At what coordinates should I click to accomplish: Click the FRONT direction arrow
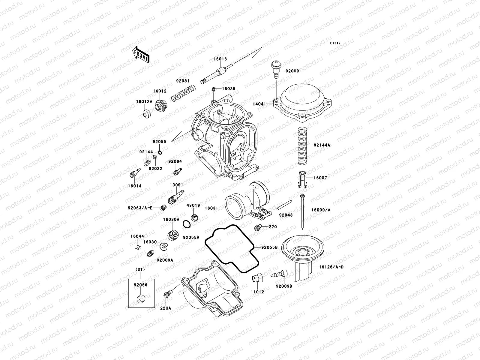click(141, 54)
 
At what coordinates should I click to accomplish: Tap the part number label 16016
click(220, 59)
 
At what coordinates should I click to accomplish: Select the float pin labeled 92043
click(284, 206)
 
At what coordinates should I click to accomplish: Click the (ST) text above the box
click(140, 269)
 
